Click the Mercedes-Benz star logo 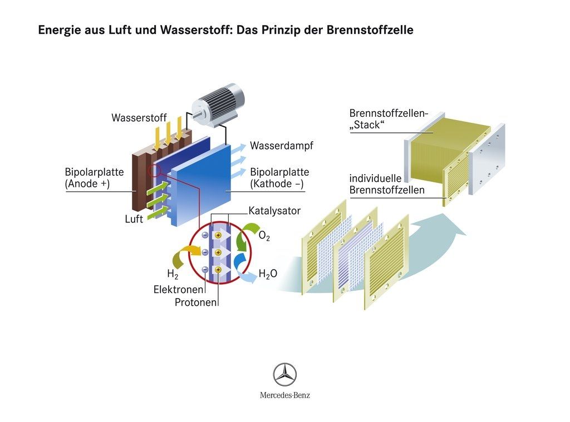[x=284, y=374]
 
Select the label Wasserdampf [x=281, y=146]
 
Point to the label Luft [x=134, y=220]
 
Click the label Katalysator [x=274, y=211]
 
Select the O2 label [x=265, y=237]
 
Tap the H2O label [x=268, y=274]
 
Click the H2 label [x=172, y=274]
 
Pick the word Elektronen [x=179, y=290]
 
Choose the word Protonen [x=195, y=302]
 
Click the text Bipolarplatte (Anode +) [x=94, y=178]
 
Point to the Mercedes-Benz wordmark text [x=284, y=395]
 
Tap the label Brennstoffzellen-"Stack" [x=388, y=119]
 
